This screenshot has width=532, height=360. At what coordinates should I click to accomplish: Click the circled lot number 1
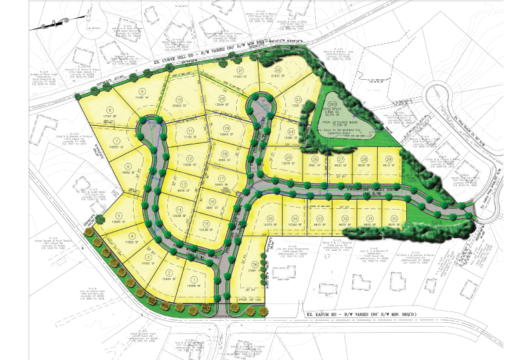pos(176,279)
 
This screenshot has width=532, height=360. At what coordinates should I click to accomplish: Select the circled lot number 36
pos(255,264)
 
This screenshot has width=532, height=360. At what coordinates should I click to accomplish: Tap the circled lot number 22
pos(278,69)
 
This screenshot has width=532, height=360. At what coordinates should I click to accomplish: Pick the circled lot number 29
pos(388,160)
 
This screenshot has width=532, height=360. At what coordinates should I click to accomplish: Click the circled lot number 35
pos(270,218)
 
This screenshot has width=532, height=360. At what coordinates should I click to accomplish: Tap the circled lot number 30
pos(394,218)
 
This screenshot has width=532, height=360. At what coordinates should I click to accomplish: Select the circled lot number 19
pos(226,129)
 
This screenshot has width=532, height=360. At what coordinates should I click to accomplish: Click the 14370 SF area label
pos(270,227)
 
